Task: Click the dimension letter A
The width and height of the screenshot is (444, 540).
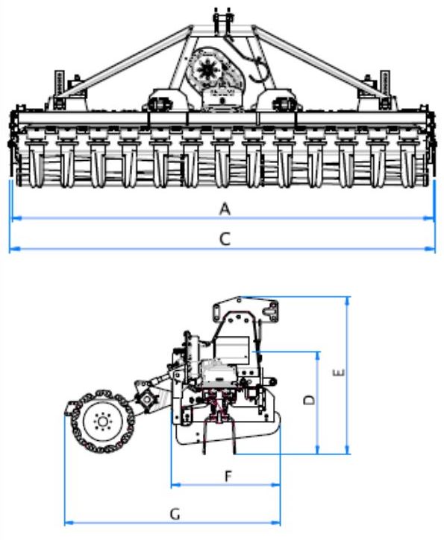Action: (x=225, y=209)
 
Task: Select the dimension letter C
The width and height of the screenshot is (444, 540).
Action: (x=225, y=239)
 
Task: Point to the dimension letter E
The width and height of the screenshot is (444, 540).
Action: (x=339, y=373)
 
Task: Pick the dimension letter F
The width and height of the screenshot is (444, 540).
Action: (x=228, y=476)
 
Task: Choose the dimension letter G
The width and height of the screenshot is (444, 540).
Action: (x=175, y=515)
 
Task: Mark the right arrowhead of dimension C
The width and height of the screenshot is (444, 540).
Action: (x=429, y=248)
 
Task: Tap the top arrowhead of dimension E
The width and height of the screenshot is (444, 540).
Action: (x=348, y=302)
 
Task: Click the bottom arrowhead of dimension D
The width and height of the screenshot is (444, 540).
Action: (x=318, y=448)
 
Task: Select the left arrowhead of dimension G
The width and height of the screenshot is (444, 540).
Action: (x=70, y=523)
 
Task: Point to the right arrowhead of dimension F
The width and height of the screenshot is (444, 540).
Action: (x=275, y=485)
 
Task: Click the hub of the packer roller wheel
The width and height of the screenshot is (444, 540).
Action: (x=102, y=421)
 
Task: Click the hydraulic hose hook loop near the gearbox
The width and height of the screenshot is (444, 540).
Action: (x=260, y=72)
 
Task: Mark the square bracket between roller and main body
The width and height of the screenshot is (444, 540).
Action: (x=148, y=399)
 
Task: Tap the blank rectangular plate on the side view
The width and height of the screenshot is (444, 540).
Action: (x=231, y=350)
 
